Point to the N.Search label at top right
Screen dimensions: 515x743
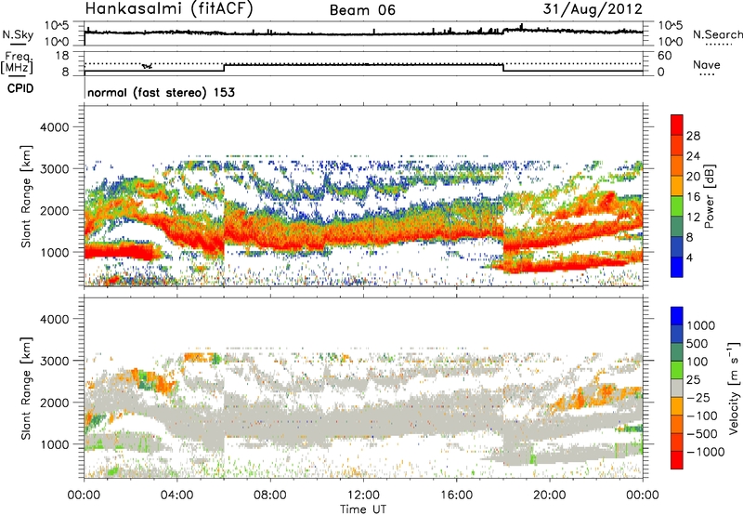point(717,34)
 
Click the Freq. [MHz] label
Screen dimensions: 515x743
point(16,64)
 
